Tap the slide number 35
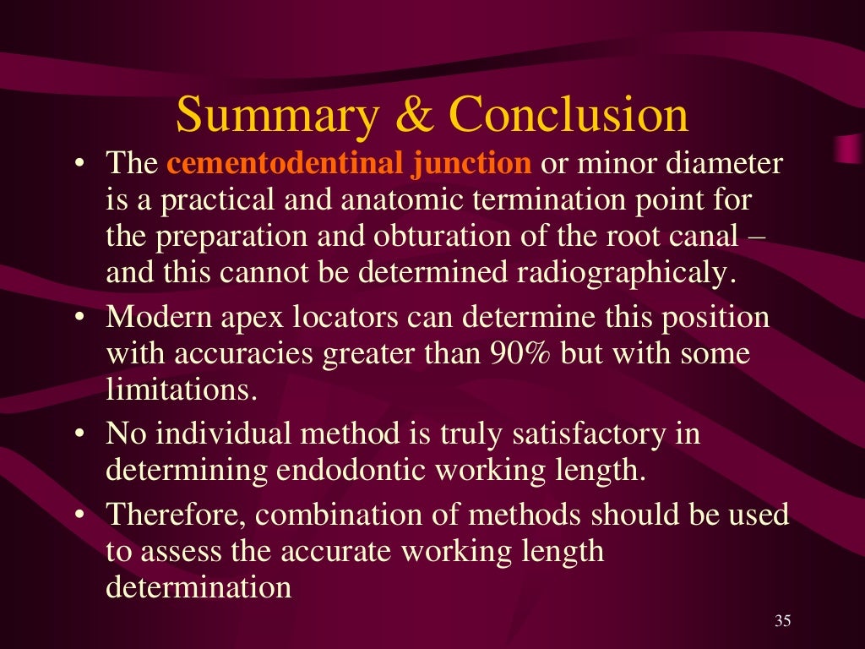782,622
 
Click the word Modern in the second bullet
155,318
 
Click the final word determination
199,587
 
